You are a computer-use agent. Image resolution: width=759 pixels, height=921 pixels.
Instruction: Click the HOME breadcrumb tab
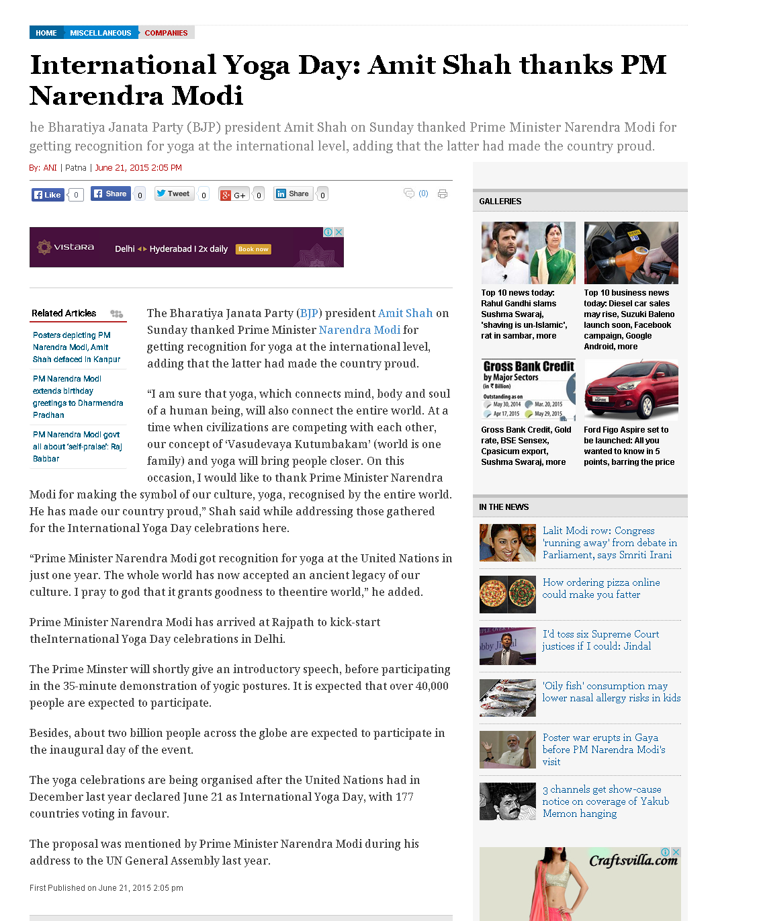click(x=46, y=33)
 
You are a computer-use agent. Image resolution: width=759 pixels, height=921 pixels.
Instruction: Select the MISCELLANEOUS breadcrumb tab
click(x=100, y=33)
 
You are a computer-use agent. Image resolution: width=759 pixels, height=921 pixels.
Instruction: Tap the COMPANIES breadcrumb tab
click(x=166, y=33)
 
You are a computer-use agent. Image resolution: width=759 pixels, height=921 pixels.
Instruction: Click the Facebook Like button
click(x=47, y=195)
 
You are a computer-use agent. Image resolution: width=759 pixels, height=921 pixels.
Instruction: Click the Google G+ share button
click(x=234, y=195)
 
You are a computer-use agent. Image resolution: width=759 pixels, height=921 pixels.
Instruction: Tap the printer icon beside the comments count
click(x=442, y=194)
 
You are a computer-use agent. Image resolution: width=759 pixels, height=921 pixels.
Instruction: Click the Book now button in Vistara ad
click(x=253, y=249)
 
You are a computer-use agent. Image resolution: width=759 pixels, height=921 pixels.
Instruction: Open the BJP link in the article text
click(x=309, y=313)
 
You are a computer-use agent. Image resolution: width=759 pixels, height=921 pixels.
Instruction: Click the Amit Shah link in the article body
click(x=405, y=313)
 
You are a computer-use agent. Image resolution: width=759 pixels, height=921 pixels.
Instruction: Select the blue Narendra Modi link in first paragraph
click(x=359, y=330)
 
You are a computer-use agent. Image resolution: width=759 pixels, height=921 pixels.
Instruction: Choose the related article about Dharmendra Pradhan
click(x=77, y=396)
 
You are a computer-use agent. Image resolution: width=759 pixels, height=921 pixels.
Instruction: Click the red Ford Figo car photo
click(x=631, y=390)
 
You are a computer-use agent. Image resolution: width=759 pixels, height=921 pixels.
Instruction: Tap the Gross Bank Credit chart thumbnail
click(x=528, y=390)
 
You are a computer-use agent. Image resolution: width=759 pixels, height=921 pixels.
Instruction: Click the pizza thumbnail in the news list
click(x=507, y=595)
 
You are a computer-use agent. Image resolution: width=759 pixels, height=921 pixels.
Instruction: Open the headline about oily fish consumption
click(x=611, y=691)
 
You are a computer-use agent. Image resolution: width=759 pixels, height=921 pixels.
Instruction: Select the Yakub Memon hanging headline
click(x=605, y=801)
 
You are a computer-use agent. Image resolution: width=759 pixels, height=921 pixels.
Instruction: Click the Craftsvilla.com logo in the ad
click(x=633, y=861)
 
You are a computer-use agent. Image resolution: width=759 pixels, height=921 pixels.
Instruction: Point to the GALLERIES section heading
click(x=500, y=202)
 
